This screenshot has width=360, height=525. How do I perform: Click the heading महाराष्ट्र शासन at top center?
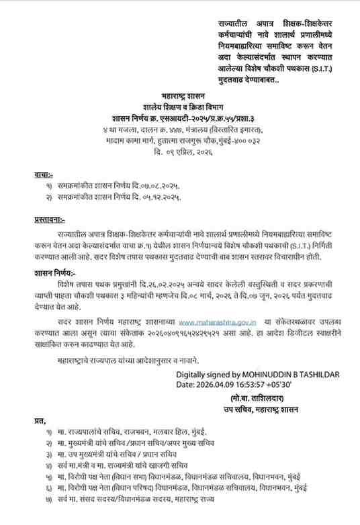coord(180,97)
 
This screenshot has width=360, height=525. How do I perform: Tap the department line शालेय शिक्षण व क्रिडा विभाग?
coord(180,106)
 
